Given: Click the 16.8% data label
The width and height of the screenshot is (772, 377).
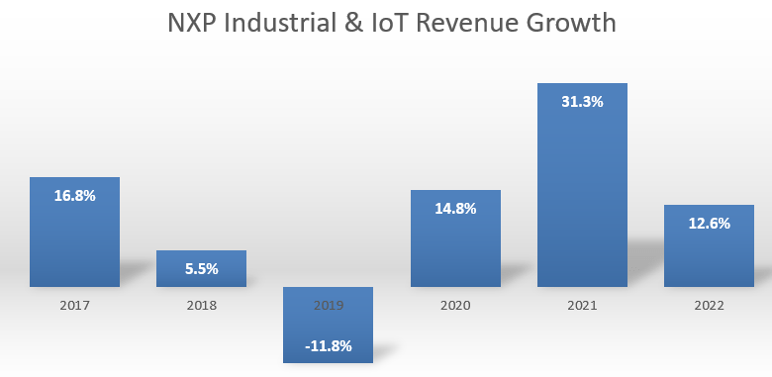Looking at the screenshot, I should click(74, 196).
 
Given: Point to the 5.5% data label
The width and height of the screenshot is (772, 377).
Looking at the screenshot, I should click(201, 268).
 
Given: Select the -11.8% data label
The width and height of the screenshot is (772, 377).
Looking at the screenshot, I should click(328, 345).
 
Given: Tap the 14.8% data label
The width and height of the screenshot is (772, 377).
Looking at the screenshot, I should click(455, 209).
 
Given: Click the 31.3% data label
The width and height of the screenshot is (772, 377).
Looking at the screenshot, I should click(582, 102).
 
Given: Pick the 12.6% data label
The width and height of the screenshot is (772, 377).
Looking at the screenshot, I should click(709, 224).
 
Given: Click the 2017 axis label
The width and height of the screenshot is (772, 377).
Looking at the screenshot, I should click(74, 306).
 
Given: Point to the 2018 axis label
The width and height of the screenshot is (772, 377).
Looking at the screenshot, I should click(201, 306).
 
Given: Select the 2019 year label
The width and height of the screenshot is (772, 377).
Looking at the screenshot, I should click(328, 306).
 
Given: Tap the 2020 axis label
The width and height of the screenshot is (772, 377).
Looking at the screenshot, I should click(455, 306).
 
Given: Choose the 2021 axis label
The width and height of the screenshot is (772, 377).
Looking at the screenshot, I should click(582, 306).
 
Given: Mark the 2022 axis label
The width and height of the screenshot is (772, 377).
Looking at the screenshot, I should click(709, 306).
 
